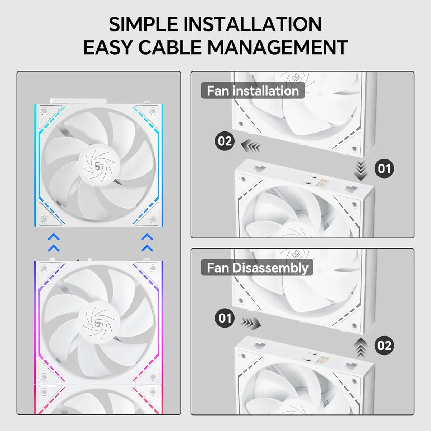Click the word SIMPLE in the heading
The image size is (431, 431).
[144, 24]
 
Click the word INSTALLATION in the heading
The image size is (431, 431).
[252, 24]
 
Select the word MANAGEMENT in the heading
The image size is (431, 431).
[277, 47]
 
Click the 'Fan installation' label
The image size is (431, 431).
[253, 91]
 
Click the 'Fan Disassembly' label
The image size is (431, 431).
[257, 268]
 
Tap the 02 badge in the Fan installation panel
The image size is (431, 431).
[225, 141]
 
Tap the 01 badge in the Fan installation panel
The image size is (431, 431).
[384, 168]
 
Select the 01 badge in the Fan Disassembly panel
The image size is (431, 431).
[225, 318]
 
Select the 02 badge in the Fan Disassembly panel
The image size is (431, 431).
[384, 346]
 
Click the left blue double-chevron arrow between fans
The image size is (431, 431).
[54, 242]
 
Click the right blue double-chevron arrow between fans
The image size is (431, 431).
[147, 242]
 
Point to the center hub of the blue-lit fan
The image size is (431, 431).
[98, 164]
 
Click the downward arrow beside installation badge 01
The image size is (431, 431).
[361, 171]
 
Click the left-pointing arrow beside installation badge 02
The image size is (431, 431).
[250, 146]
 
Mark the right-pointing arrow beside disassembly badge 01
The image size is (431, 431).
[251, 323]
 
